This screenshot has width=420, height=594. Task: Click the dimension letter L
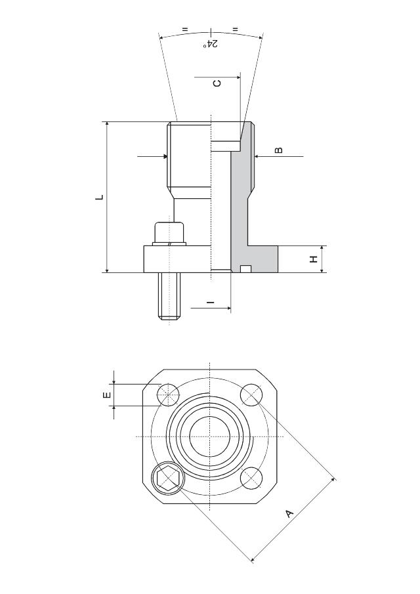[99, 196]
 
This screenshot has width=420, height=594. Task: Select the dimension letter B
[279, 150]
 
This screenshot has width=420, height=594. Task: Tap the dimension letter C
[218, 83]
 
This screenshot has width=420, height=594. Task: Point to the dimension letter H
[314, 259]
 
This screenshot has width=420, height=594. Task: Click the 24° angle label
[211, 43]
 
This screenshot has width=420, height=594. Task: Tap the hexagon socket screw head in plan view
[167, 478]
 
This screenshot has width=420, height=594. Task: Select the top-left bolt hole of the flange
[168, 395]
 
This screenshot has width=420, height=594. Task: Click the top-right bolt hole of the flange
[251, 394]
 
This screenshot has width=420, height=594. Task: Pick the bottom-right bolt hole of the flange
[251, 478]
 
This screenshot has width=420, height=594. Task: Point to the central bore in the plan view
[209, 436]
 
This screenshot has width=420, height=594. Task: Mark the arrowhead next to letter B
[257, 156]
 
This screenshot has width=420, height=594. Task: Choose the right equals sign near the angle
[235, 30]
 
